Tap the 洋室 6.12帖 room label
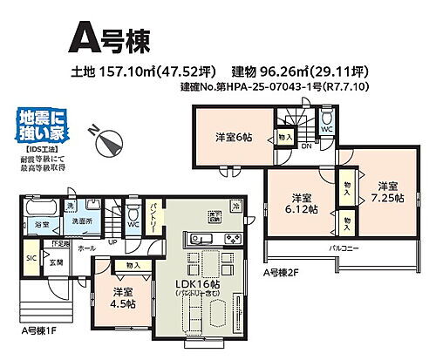coord(302,203)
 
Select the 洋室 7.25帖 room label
coord(386,192)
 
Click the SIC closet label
coord(31,257)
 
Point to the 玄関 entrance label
coord(54,262)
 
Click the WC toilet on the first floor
coord(133,221)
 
